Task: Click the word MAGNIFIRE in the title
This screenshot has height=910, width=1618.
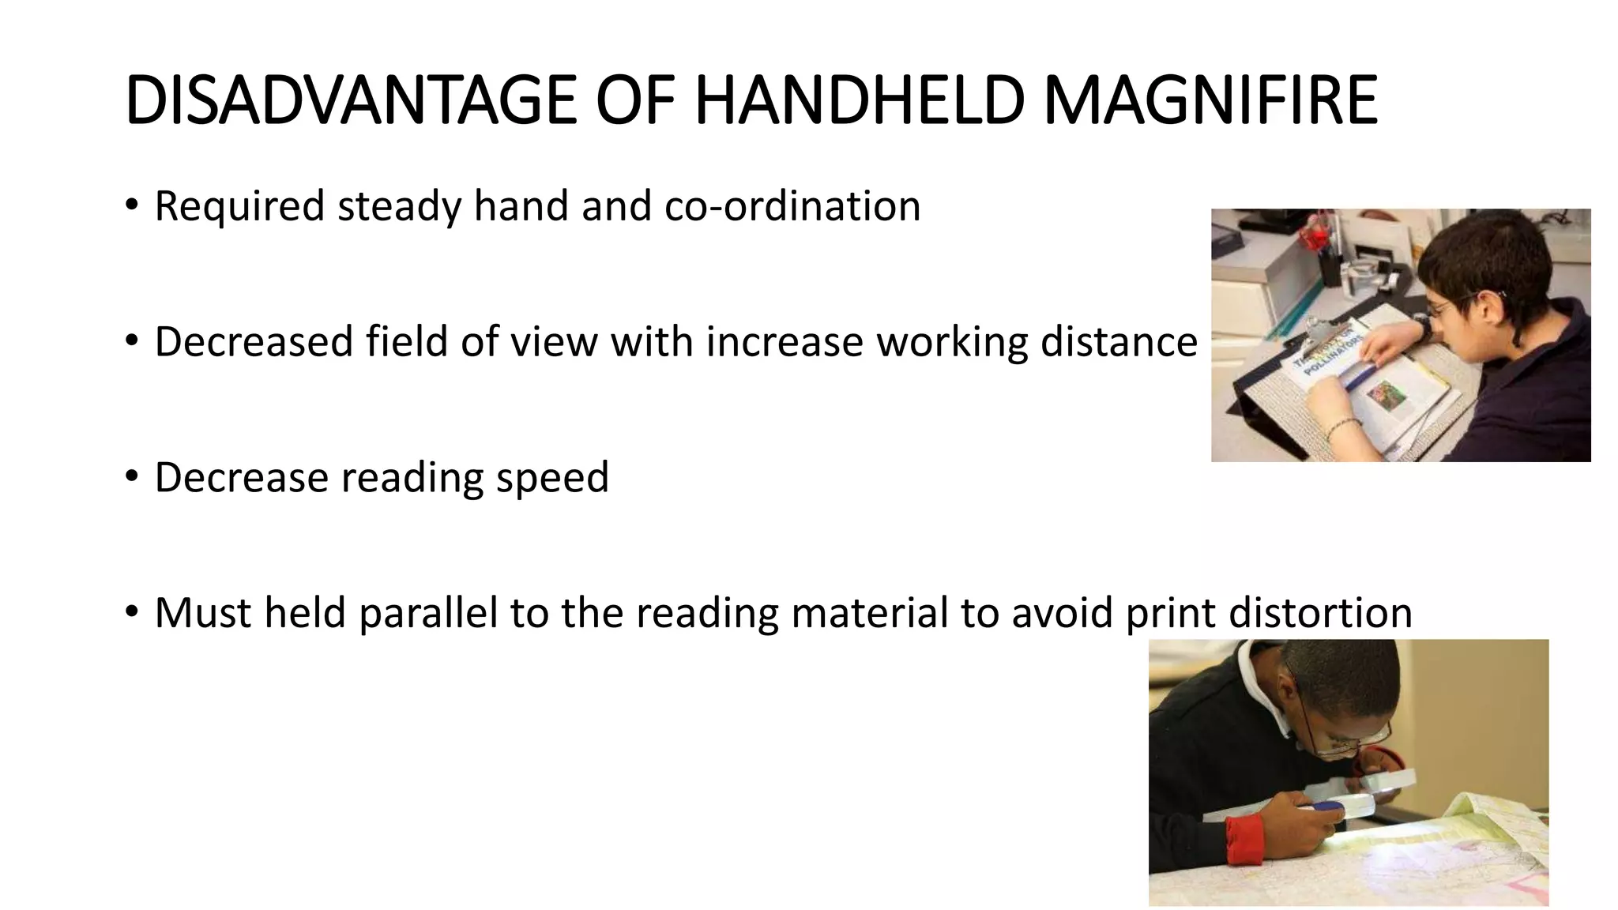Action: pos(1210,100)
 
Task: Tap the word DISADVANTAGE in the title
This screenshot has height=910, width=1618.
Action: pos(351,100)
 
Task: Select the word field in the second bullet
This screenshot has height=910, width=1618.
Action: pos(407,342)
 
